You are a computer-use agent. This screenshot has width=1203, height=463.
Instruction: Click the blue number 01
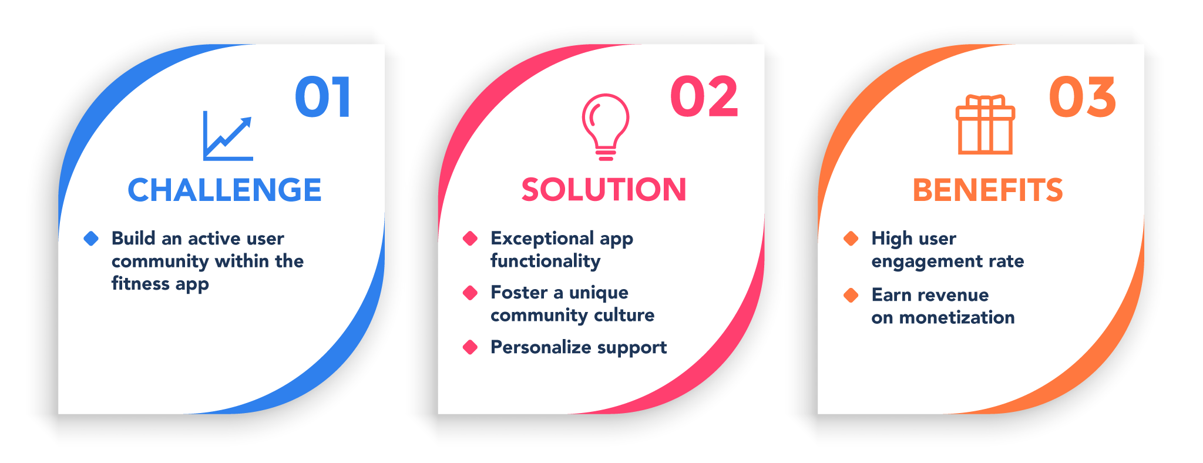[322, 97]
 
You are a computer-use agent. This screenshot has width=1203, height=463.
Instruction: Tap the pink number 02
[704, 97]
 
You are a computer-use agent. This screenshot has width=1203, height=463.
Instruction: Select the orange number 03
[1082, 97]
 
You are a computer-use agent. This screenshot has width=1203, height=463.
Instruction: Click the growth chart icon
[228, 136]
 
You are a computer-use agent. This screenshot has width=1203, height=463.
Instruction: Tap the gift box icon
[985, 125]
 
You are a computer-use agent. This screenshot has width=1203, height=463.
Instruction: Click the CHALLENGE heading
[224, 190]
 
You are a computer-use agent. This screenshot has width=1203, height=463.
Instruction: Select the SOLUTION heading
[604, 190]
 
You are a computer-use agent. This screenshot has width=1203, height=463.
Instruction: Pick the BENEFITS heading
[987, 190]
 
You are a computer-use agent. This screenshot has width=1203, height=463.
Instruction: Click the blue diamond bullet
[91, 239]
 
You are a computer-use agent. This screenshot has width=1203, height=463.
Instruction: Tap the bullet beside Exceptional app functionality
[470, 239]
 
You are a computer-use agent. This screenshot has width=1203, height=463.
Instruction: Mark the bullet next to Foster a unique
[470, 293]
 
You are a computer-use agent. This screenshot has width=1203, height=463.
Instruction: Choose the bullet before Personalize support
[470, 347]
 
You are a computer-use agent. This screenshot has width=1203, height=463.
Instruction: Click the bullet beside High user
[851, 239]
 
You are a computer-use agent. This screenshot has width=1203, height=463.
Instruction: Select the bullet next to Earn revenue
[851, 295]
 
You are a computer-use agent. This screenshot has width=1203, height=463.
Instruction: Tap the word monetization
[957, 318]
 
